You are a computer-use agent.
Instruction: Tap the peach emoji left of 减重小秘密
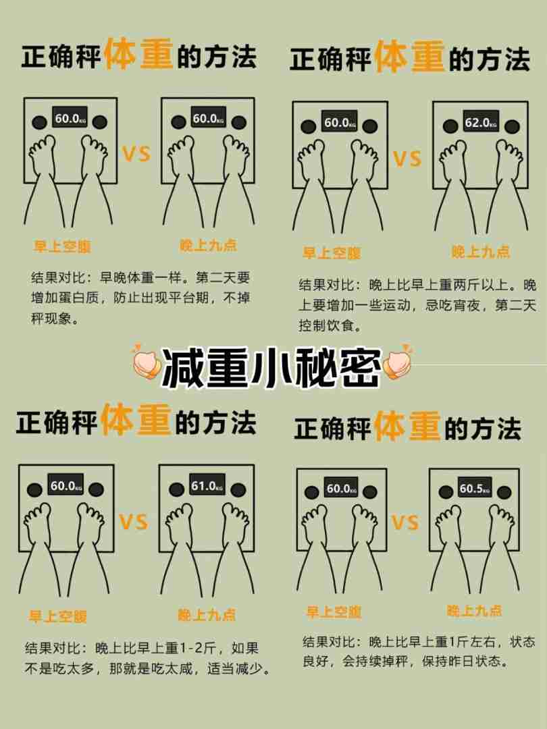click(147, 364)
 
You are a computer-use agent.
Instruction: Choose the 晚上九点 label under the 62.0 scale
click(481, 252)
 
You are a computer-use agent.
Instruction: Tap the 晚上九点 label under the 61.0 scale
click(207, 614)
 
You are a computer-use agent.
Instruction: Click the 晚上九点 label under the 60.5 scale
click(474, 610)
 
